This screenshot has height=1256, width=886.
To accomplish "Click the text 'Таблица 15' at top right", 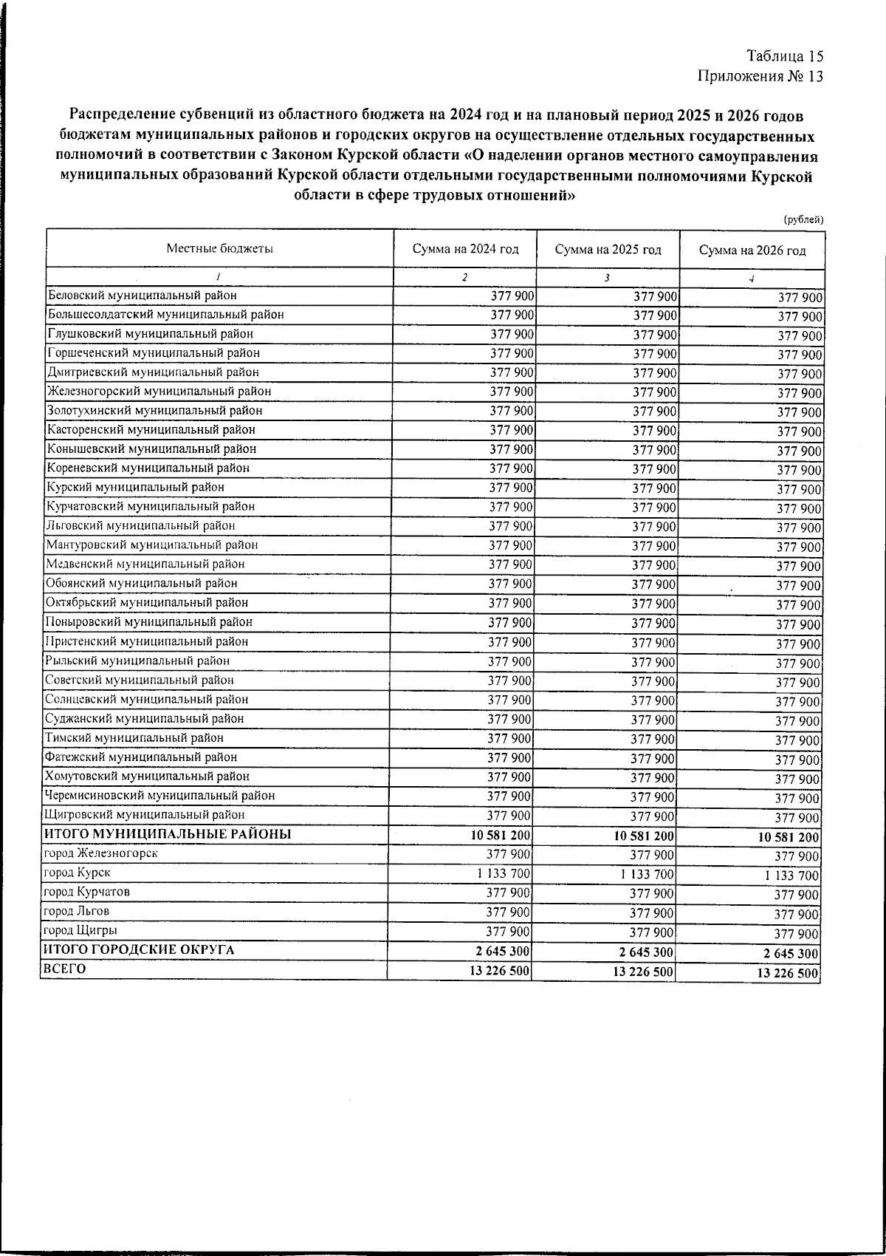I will point(784,56).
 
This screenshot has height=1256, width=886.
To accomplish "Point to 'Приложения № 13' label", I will point(760,75).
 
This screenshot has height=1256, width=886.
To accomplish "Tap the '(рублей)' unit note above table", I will point(803,219).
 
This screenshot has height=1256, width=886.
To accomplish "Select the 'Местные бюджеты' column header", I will point(219,249).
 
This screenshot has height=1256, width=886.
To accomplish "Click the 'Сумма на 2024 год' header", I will point(465,249).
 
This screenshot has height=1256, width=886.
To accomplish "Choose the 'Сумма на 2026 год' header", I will point(752,250).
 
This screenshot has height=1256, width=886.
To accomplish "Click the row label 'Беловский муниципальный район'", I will point(142,296).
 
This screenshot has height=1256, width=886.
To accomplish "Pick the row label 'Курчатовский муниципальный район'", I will point(151,507).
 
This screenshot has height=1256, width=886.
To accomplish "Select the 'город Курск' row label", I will point(78,873).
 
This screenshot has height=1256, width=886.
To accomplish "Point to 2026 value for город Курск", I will point(790,876).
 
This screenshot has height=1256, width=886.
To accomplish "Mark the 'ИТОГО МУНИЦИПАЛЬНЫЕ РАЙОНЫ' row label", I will point(167,834).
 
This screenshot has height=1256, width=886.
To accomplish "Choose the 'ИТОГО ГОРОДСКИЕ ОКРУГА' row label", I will point(140,950).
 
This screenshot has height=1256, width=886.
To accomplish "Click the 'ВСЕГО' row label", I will point(65,969).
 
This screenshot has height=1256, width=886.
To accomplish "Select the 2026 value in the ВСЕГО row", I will point(788,974).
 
